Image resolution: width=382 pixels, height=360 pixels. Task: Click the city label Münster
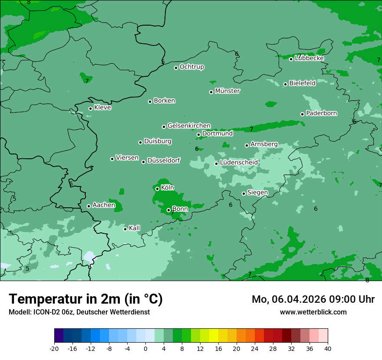point(227,91)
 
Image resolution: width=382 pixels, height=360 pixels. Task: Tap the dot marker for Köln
point(157,189)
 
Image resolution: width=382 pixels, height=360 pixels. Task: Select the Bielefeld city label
point(302,83)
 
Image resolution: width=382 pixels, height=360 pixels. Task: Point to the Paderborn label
point(321,113)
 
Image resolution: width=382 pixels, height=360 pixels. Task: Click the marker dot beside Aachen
point(89,206)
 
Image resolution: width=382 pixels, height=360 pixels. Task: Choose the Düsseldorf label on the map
point(164,160)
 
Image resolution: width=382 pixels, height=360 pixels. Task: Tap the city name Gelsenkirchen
point(189,126)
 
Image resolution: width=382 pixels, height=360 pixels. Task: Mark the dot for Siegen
point(244,193)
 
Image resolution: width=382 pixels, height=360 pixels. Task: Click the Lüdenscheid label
point(239,163)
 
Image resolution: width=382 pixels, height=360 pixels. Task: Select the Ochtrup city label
point(191,67)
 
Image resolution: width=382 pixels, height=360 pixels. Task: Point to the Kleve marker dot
point(90,108)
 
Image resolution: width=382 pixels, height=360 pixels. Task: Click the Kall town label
point(134,228)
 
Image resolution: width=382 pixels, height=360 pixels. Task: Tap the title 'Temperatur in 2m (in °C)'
point(86,299)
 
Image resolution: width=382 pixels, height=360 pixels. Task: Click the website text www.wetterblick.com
point(313,312)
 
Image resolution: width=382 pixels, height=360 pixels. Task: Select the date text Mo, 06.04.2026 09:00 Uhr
point(313,299)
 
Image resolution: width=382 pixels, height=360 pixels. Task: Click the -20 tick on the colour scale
point(54,349)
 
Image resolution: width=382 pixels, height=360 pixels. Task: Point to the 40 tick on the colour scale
point(327,349)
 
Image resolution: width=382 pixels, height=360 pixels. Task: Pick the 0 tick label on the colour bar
point(145,349)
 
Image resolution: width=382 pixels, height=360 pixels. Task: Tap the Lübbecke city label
point(309,58)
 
